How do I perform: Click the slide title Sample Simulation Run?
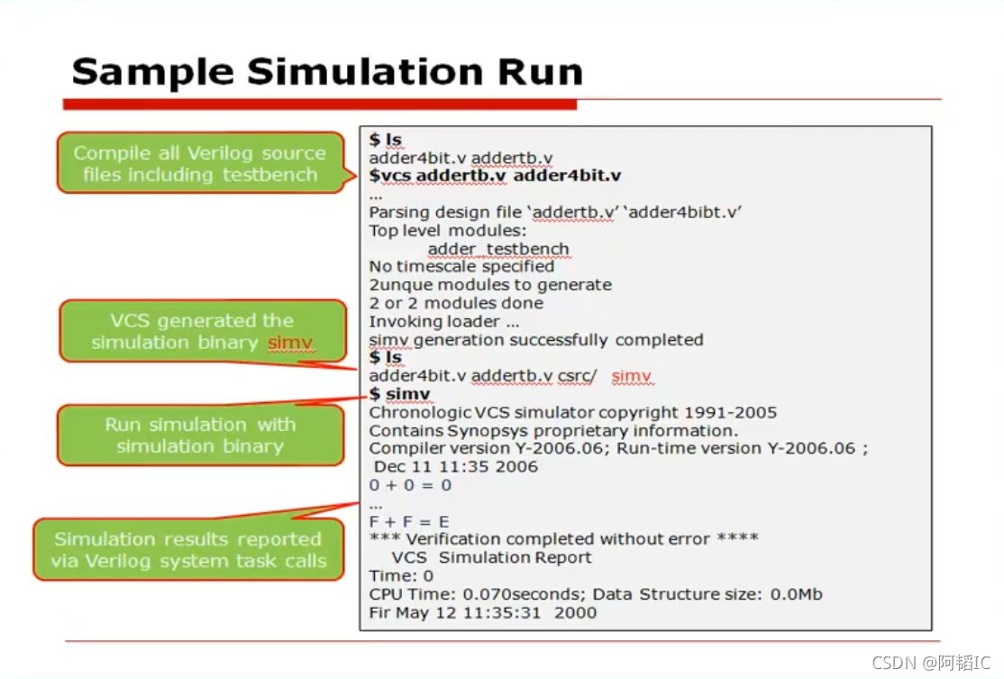326,71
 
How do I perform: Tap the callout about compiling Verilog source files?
200,163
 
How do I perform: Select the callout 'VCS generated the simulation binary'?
202,332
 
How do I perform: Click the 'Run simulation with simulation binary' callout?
200,435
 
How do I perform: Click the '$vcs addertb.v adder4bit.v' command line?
495,176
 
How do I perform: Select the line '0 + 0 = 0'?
410,485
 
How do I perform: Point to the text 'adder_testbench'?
497,249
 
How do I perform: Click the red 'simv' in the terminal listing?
631,376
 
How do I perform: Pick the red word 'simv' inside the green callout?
290,343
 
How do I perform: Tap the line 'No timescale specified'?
461,267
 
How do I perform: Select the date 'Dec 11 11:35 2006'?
456,467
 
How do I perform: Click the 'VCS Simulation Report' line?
491,557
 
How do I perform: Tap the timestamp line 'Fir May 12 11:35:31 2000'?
482,613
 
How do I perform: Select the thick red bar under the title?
319,105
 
